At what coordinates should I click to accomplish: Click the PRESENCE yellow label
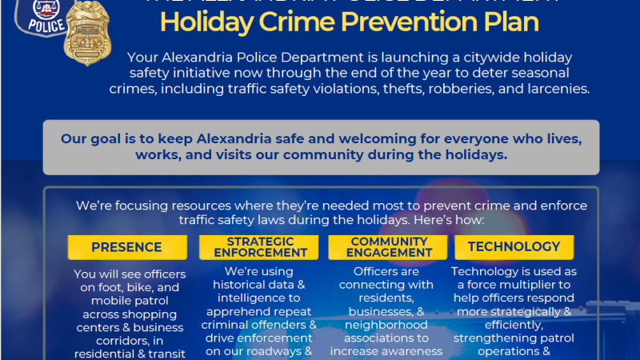(126, 247)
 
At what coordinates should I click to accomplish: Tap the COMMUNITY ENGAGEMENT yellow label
(388, 247)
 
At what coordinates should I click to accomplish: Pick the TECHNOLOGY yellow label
(514, 247)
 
